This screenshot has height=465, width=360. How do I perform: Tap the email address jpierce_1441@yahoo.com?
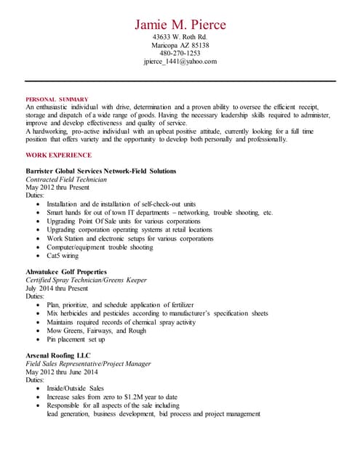(180, 62)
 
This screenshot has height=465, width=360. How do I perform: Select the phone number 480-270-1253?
(180, 53)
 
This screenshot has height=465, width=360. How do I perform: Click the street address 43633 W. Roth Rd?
(180, 36)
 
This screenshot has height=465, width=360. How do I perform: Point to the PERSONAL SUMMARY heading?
(57, 99)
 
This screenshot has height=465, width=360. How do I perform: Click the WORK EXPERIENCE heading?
(58, 155)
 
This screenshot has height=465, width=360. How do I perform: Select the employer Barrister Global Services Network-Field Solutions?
(100, 171)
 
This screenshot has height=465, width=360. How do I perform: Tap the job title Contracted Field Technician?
(66, 179)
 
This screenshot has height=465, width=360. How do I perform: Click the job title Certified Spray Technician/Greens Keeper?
(86, 280)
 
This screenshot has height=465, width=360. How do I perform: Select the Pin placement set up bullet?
(76, 339)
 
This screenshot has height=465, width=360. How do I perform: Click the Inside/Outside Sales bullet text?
(75, 389)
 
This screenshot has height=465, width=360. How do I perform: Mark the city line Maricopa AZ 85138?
(180, 45)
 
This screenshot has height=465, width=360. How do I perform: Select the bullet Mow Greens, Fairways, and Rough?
(96, 331)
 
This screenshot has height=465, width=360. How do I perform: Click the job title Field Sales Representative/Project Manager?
(88, 363)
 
